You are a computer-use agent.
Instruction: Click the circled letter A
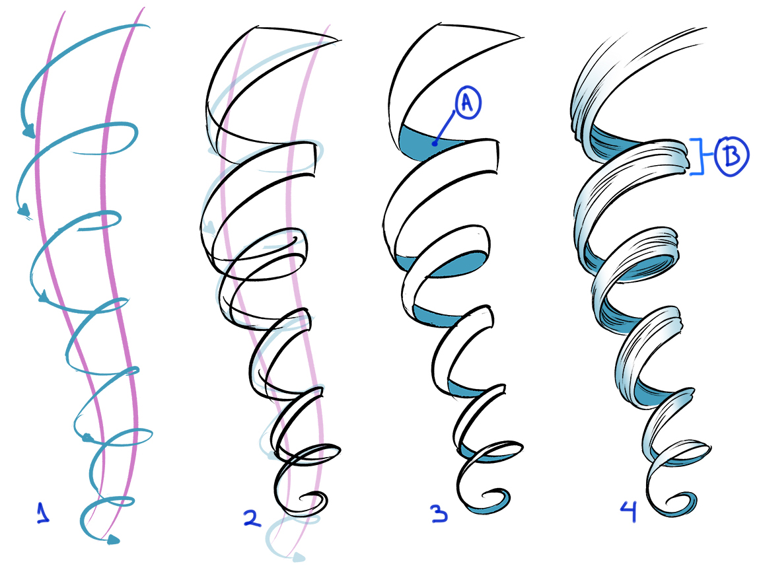coord(467,104)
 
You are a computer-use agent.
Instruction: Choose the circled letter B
coord(730,156)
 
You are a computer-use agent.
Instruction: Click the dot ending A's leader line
coord(434,142)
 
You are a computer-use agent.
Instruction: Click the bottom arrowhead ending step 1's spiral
coord(113,540)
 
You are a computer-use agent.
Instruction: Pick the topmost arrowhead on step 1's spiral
coord(28,134)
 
